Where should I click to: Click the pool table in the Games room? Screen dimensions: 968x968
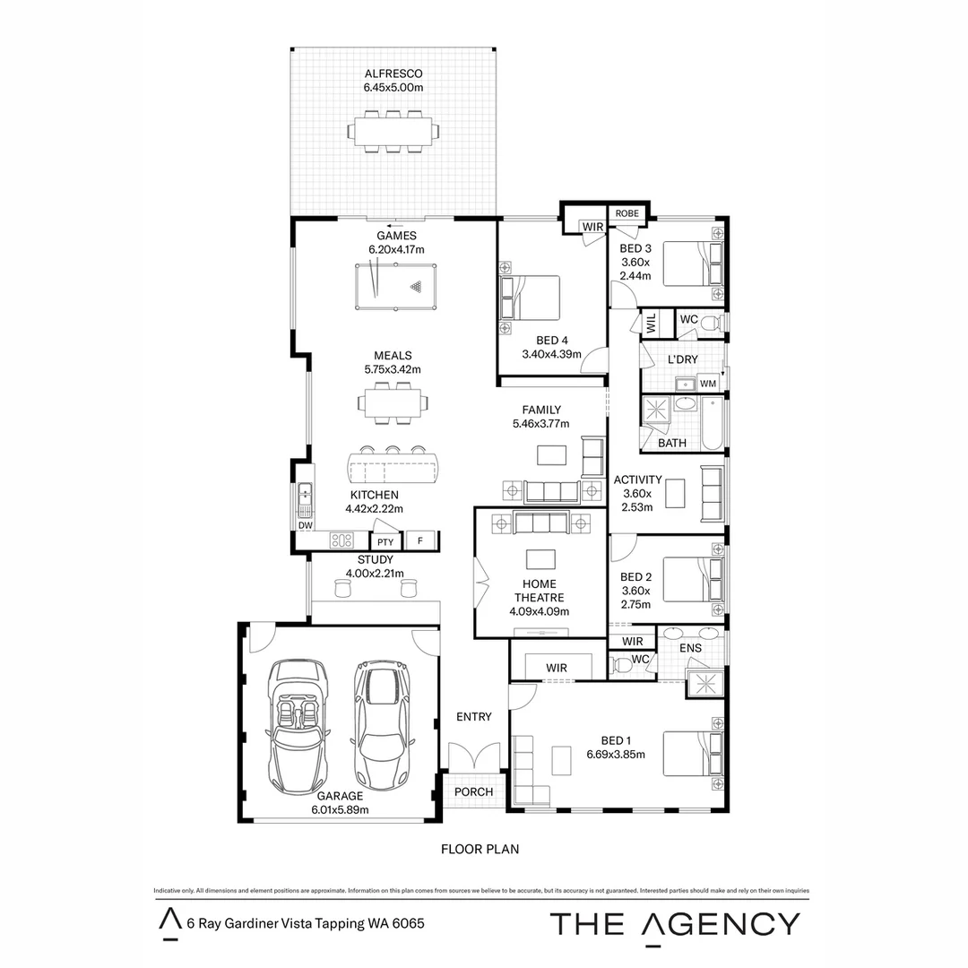393,286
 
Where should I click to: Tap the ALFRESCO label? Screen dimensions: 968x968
393,73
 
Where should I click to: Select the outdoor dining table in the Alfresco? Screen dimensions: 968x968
393,132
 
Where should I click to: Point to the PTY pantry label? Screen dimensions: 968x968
385,541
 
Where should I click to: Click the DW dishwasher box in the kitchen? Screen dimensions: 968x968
304,526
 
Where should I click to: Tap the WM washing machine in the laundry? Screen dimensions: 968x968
708,384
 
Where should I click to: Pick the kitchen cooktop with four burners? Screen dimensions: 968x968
341,540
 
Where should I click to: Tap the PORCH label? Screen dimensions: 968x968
473,791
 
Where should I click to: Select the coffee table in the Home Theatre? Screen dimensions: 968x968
540,559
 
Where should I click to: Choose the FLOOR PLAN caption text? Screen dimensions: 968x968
480,848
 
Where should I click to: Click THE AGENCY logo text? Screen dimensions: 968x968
674,923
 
